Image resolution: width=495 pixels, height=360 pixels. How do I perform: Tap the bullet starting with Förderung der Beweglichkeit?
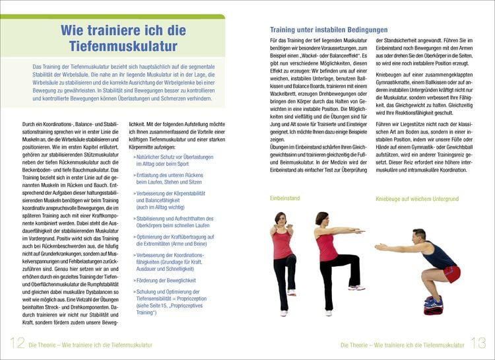(x=164, y=280)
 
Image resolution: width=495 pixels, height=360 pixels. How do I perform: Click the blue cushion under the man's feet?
(x=434, y=302)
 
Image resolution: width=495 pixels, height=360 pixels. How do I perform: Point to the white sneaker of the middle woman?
(x=356, y=287)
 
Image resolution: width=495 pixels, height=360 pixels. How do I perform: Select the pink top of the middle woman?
(x=328, y=246)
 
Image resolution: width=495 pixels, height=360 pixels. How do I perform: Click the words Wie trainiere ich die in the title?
(x=123, y=30)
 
